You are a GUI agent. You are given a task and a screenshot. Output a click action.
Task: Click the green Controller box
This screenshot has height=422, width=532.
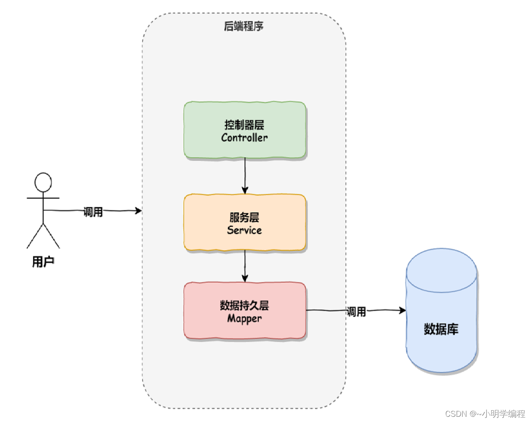[244, 130]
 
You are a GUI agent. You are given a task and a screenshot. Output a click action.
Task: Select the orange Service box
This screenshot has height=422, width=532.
[244, 222]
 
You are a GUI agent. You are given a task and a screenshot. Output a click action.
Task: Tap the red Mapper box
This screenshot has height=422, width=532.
[244, 311]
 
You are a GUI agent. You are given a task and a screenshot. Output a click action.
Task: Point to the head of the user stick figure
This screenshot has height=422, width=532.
[43, 182]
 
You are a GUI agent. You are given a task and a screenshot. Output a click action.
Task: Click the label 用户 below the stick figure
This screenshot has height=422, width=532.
[43, 262]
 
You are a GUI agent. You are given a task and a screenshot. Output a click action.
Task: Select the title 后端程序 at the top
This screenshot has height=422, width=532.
[244, 27]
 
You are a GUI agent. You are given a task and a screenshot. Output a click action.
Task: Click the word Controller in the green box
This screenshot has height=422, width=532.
[244, 138]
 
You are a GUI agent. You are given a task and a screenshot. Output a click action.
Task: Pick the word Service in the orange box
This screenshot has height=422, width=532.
[244, 230]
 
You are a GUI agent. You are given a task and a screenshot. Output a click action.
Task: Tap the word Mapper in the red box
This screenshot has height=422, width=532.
[244, 319]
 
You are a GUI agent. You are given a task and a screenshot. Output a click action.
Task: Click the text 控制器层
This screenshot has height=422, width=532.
[244, 125]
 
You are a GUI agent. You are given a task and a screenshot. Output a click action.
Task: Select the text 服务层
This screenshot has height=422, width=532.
[244, 217]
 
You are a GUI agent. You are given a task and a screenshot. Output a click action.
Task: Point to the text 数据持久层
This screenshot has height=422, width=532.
[244, 305]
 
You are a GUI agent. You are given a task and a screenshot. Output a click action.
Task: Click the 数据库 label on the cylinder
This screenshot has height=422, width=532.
[441, 329]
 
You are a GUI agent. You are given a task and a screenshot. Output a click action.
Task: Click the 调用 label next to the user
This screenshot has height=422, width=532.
[93, 213]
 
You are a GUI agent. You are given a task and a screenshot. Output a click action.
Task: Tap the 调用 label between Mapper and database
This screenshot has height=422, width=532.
[356, 312]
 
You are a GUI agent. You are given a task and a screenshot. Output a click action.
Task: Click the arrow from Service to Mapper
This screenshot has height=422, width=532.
[245, 266]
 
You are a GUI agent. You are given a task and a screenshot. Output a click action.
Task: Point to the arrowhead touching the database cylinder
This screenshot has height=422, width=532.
[402, 310]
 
